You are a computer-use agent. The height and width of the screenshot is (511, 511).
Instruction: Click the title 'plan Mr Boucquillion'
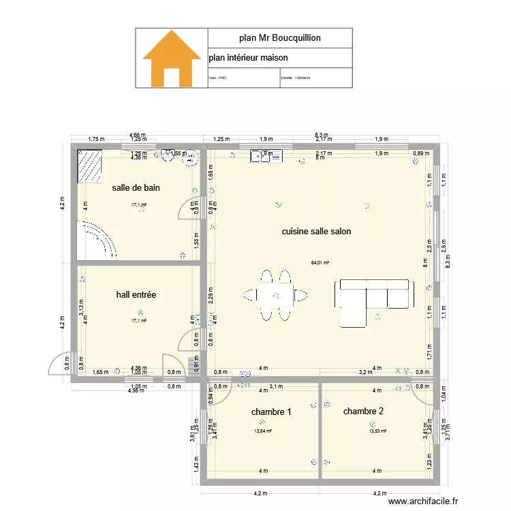click(280, 38)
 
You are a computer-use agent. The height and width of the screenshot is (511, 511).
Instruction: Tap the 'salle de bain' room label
click(136, 187)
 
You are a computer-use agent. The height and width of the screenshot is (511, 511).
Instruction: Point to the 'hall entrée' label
click(136, 295)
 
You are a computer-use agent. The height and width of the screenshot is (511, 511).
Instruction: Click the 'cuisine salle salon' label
click(317, 232)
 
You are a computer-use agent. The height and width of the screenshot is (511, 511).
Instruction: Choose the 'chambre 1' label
click(271, 412)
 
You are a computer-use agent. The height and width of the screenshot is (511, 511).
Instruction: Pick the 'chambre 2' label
click(363, 411)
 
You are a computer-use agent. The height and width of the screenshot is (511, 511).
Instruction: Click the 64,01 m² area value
click(320, 263)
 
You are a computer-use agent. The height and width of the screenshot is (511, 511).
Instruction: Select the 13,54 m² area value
click(263, 431)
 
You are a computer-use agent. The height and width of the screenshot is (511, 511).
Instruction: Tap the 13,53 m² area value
click(377, 431)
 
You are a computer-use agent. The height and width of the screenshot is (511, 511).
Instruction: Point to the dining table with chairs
click(275, 295)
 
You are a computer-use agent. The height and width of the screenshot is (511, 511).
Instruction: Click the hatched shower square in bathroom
click(89, 167)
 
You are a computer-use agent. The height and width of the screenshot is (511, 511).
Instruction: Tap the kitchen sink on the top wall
click(266, 157)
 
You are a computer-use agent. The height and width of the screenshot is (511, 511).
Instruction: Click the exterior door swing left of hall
click(61, 365)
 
